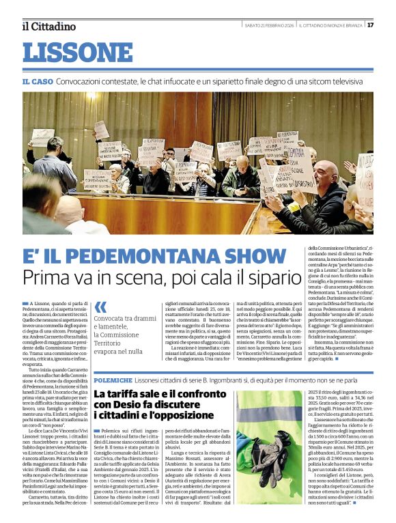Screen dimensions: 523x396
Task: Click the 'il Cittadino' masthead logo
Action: [x=48, y=26]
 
